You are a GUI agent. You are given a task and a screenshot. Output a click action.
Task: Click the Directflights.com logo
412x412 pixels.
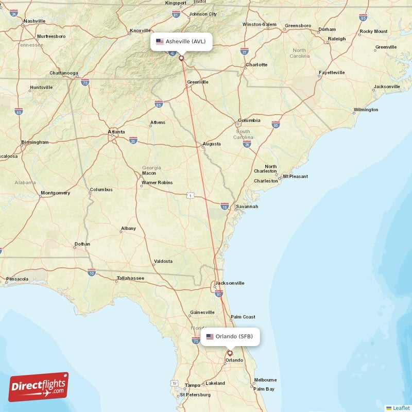[x=38, y=387]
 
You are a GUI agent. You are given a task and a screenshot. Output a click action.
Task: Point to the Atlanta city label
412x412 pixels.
[x=116, y=132]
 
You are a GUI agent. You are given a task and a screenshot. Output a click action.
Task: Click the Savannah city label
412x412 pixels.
[x=247, y=207]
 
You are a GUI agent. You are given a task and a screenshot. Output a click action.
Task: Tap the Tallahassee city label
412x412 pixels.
[x=130, y=278]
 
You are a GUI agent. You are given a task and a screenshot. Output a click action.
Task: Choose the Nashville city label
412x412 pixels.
[x=35, y=21]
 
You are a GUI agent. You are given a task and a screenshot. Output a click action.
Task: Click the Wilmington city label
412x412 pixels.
[x=366, y=110]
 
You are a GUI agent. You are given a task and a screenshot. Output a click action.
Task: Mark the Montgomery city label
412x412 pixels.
[x=55, y=193]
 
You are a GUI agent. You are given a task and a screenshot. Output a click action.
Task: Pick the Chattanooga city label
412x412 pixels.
[x=63, y=73]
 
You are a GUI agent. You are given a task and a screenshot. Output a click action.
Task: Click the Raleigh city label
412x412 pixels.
[x=337, y=39]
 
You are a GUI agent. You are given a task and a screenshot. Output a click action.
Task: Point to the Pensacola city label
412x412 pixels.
[x=17, y=279]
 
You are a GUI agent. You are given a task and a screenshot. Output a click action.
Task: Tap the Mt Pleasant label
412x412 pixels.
[x=295, y=176]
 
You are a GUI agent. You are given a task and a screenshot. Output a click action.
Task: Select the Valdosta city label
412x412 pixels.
[x=163, y=261]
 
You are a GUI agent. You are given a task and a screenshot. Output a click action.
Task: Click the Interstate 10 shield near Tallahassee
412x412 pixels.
[x=92, y=271]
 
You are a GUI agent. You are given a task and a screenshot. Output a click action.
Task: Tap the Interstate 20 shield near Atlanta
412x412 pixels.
[x=133, y=141]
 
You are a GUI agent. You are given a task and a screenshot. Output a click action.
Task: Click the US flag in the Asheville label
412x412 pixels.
[x=160, y=41]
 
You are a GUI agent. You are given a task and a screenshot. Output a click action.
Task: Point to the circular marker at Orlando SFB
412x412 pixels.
[x=230, y=353]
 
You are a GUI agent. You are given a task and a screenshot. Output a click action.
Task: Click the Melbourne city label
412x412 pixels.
[x=265, y=380]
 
